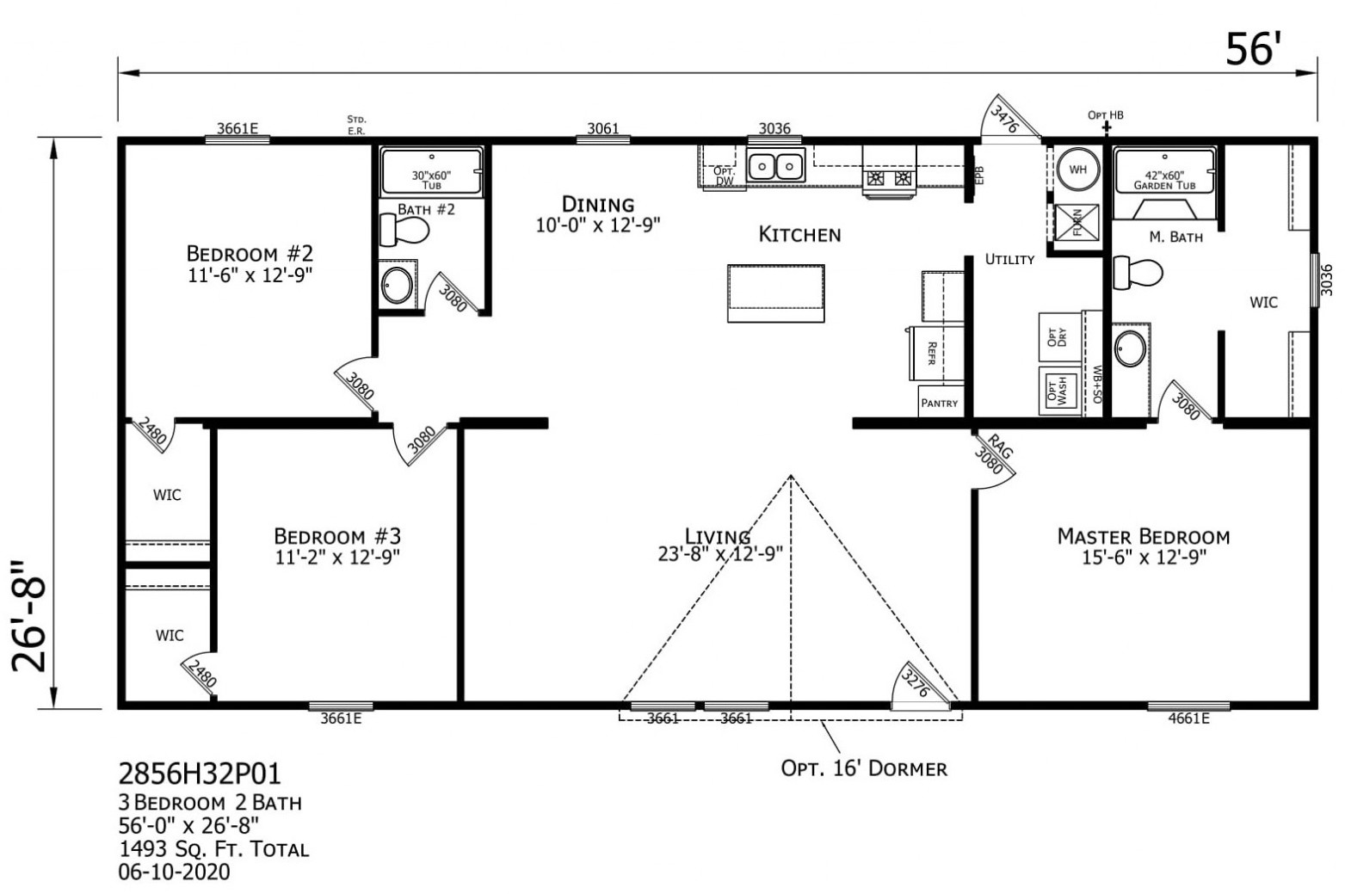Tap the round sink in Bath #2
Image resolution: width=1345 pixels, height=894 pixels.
pos(397,285)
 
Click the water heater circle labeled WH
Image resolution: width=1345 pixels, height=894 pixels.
pos(1078,170)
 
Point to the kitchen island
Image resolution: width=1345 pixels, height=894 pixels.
pos(775,293)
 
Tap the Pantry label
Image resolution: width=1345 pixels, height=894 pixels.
pos(939,403)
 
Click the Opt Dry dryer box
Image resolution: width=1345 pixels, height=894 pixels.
pos(1058,336)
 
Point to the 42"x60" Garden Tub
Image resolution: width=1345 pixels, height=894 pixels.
pos(1164,180)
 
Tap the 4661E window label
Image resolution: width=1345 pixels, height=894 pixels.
pos(1188,718)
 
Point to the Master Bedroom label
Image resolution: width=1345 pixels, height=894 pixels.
pos(1143,537)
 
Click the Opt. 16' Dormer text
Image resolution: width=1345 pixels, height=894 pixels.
pos(863,768)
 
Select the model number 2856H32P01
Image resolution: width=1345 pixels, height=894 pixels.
pos(200,773)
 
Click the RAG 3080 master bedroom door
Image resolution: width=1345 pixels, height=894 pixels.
pos(991,458)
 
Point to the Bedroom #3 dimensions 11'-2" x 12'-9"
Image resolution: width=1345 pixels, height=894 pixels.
pos(337,557)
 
